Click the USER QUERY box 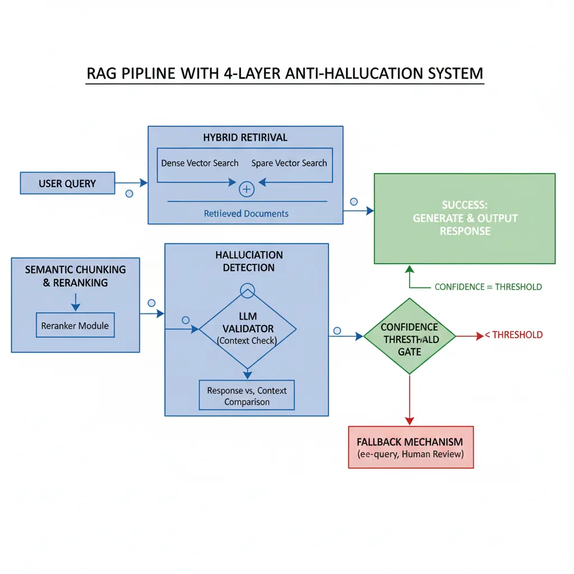coord(67,183)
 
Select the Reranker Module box coord(75,326)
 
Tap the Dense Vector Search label coord(200,163)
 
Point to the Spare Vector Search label coord(289,163)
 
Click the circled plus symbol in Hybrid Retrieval coord(247,189)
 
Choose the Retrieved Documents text coord(246,214)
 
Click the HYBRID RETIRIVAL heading coord(246,137)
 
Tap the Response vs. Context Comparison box coord(247,396)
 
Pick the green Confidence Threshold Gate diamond coord(409,336)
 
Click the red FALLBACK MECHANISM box coord(411,447)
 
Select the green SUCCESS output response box coord(465,219)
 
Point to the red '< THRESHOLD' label coord(513,335)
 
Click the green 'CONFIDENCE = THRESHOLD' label coord(488,287)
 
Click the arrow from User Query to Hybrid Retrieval coord(131,183)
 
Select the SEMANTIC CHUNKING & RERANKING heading coord(75,276)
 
